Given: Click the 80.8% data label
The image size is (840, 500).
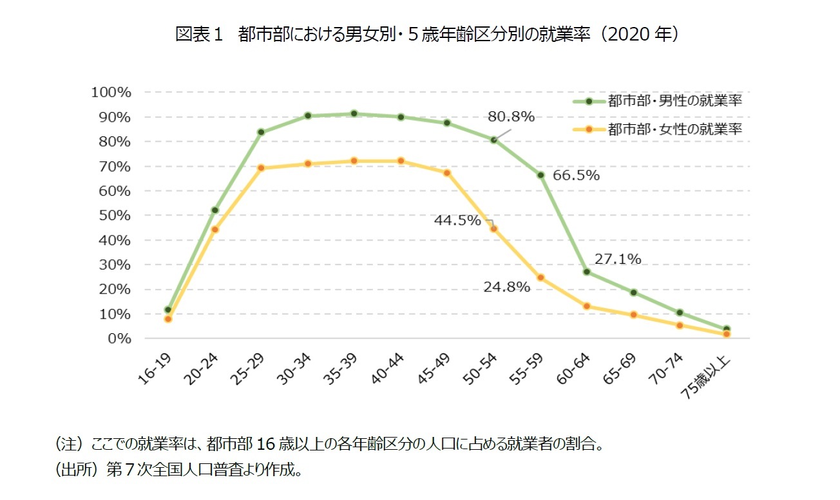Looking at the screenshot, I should pyautogui.click(x=511, y=116).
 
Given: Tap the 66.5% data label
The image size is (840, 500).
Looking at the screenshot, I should pyautogui.click(x=576, y=176).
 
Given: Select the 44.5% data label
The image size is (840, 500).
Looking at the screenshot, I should pyautogui.click(x=457, y=221).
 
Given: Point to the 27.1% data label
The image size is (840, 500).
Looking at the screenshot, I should pyautogui.click(x=617, y=259).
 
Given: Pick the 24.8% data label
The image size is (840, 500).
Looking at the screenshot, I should pyautogui.click(x=506, y=288).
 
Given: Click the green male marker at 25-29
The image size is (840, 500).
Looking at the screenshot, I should pyautogui.click(x=261, y=132).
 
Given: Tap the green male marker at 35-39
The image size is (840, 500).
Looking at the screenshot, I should pyautogui.click(x=354, y=114).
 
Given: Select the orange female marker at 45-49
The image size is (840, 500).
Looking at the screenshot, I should pyautogui.click(x=447, y=172).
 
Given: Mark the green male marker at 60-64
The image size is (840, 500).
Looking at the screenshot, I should pyautogui.click(x=586, y=272).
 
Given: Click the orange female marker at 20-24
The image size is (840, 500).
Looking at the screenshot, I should pyautogui.click(x=215, y=229).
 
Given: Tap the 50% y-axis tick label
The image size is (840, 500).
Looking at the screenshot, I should pyautogui.click(x=115, y=215).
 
